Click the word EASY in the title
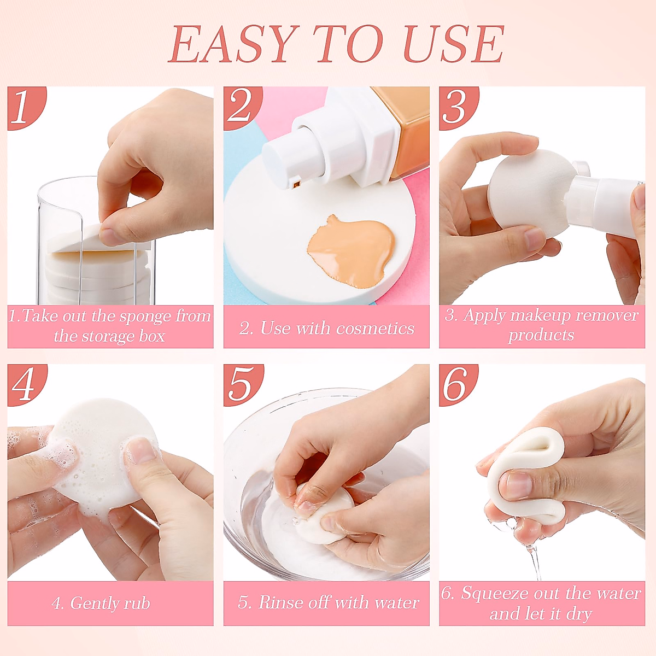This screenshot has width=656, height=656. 232,45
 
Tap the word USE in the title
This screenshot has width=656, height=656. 453,45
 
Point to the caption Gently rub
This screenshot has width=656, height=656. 101,603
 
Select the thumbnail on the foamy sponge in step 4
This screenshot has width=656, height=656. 142,451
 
